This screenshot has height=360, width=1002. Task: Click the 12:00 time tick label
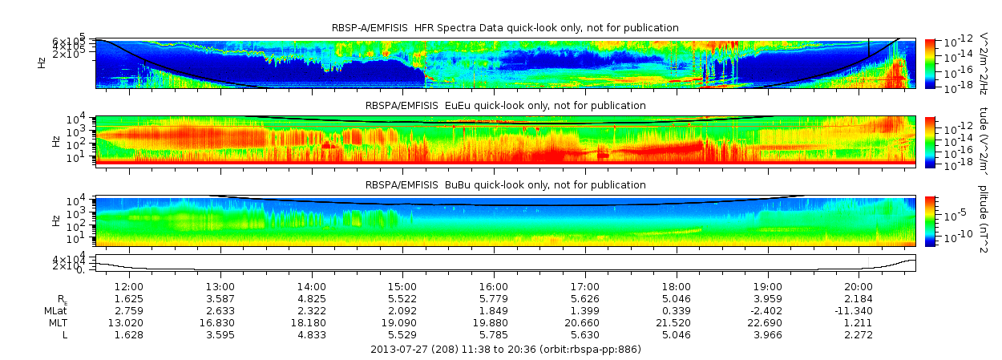pyautogui.click(x=129, y=286)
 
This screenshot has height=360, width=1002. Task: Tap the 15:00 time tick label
pyautogui.click(x=402, y=286)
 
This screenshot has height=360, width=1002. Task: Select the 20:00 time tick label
pyautogui.click(x=859, y=286)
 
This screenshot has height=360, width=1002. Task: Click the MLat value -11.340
pyautogui.click(x=859, y=309)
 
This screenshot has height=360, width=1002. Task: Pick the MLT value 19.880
pyautogui.click(x=494, y=322)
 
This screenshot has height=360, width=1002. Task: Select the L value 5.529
pyautogui.click(x=402, y=334)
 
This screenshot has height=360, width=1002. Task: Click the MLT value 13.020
pyautogui.click(x=129, y=322)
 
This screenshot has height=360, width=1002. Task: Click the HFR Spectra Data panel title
pyautogui.click(x=505, y=28)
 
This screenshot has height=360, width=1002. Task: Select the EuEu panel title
pyautogui.click(x=505, y=106)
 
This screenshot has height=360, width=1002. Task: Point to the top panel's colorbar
pyautogui.click(x=930, y=63)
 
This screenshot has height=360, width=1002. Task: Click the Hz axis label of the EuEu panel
pyautogui.click(x=56, y=141)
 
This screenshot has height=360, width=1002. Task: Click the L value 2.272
pyautogui.click(x=859, y=334)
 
